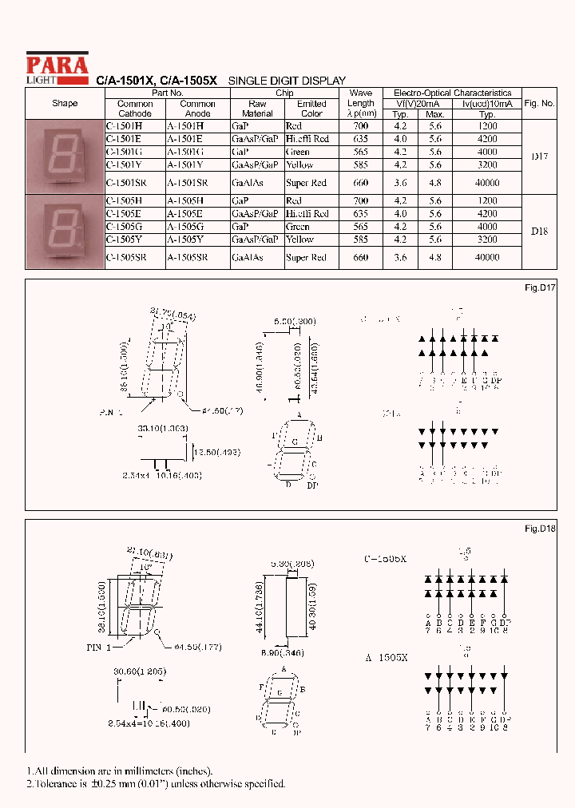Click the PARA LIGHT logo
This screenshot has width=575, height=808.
[57, 65]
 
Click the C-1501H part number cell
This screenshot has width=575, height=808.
[124, 126]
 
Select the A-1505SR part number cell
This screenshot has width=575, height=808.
[188, 258]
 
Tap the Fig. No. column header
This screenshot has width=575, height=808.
[539, 104]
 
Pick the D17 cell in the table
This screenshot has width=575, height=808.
[539, 156]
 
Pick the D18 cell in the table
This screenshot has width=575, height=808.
[539, 232]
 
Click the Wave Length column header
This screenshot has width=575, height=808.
[361, 103]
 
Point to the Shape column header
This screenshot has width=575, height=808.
[65, 104]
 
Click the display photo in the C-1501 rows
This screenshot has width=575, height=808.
[65, 156]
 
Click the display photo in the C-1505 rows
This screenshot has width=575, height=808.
[65, 232]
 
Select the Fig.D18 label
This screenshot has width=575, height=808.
[540, 529]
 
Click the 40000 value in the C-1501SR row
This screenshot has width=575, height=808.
[486, 183]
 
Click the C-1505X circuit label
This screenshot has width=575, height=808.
[384, 560]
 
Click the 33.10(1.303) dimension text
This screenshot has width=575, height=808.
[163, 429]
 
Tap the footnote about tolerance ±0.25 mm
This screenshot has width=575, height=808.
[156, 783]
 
